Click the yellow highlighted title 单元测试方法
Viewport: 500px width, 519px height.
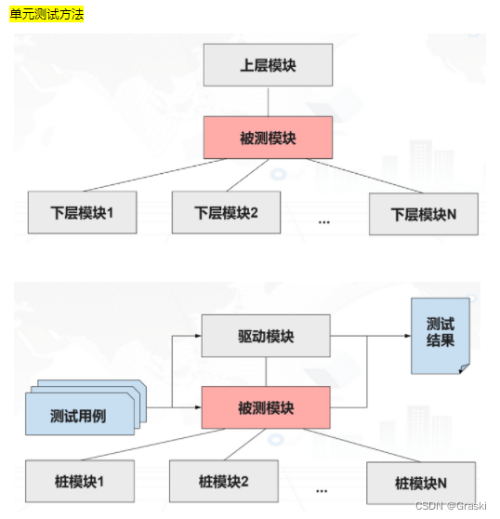[46, 14]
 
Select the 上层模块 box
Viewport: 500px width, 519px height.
[269, 65]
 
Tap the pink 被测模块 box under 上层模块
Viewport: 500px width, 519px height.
[269, 138]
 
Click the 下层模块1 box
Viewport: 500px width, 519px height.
[83, 212]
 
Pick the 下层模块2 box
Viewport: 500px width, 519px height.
[226, 212]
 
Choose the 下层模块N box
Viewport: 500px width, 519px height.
[424, 214]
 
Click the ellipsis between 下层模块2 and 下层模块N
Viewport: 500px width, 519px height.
[324, 222]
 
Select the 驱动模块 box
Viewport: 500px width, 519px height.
[266, 336]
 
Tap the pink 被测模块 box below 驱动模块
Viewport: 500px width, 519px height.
[266, 407]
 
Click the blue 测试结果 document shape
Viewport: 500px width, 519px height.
[441, 336]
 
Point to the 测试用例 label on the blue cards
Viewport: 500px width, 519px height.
[78, 416]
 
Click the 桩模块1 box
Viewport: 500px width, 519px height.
[80, 481]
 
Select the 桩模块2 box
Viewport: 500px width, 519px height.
[224, 481]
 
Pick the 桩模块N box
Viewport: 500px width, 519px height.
[421, 484]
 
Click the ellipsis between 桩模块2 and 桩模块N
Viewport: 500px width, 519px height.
[322, 491]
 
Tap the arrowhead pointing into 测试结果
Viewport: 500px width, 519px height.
[408, 336]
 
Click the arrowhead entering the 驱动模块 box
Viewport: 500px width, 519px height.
[198, 336]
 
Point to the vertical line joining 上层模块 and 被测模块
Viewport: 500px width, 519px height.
[269, 101]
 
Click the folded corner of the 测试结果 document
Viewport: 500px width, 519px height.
[465, 368]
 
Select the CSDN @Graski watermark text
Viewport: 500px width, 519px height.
[451, 506]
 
